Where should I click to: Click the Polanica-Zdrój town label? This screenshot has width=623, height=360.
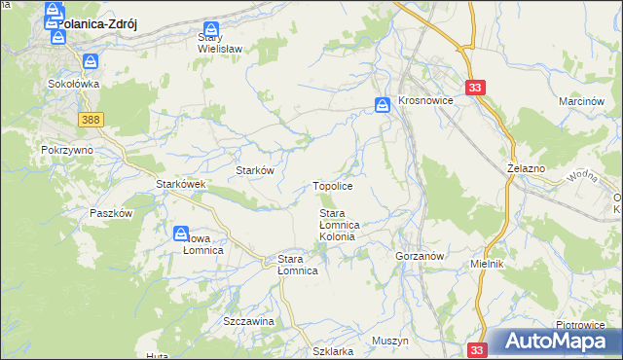click(95, 27)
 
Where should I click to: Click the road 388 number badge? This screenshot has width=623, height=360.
click(91, 119)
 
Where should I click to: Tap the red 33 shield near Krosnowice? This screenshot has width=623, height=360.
click(475, 88)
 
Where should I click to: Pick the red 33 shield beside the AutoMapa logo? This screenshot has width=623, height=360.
click(476, 349)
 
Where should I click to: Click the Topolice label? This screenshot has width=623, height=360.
click(332, 185)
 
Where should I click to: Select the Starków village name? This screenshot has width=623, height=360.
click(255, 169)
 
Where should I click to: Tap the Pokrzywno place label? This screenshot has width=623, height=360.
click(66, 151)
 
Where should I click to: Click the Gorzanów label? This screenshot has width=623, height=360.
click(421, 256)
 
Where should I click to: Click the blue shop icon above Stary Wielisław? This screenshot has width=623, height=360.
click(210, 29)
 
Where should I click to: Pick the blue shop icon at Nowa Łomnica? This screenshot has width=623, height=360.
click(181, 234)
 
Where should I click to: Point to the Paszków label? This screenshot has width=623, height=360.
click(110, 213)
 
